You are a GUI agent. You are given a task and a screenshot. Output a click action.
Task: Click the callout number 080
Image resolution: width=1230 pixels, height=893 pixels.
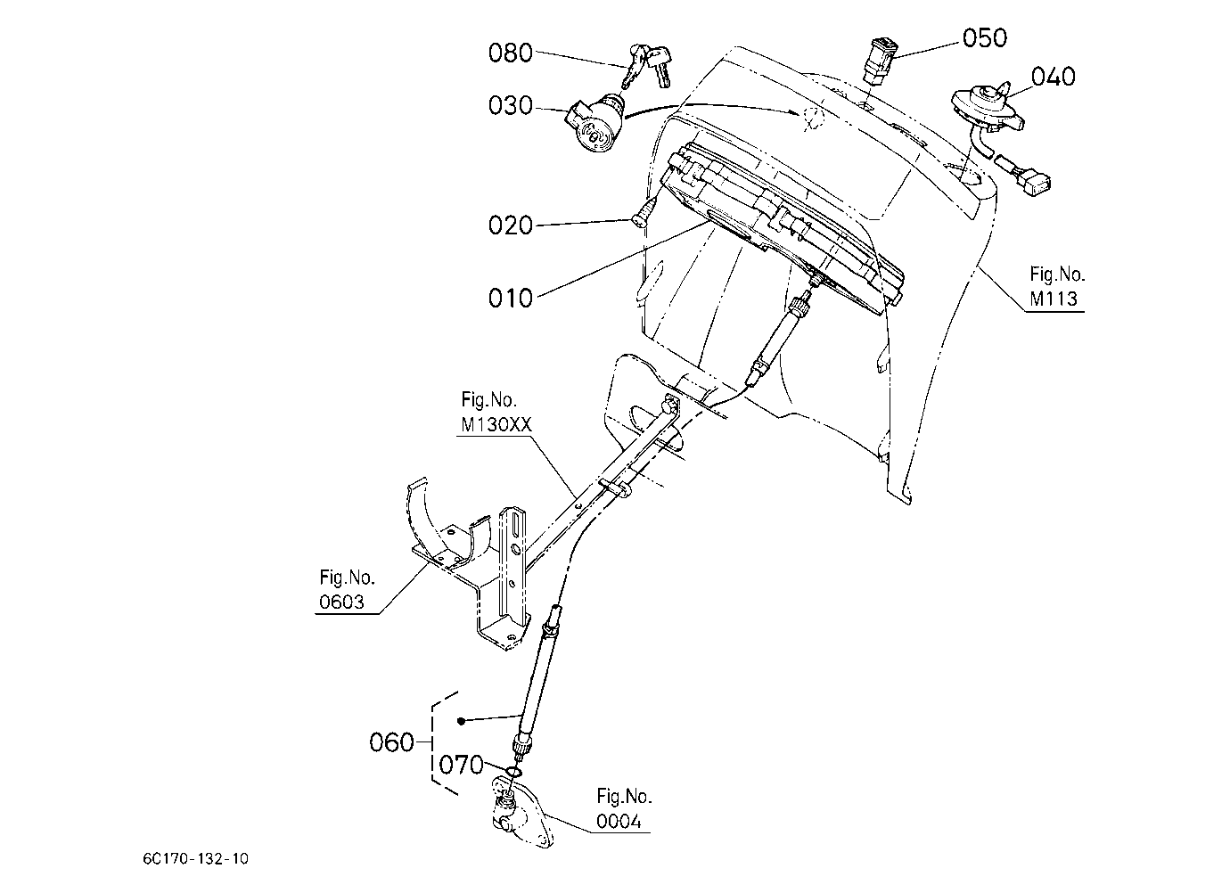pyautogui.click(x=510, y=53)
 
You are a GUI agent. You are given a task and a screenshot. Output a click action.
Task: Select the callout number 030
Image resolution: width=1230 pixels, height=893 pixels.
pyautogui.click(x=510, y=105)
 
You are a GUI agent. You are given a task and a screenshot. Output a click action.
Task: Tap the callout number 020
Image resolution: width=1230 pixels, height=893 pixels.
pyautogui.click(x=510, y=225)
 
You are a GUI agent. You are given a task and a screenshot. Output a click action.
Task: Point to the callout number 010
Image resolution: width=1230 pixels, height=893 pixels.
pyautogui.click(x=510, y=299)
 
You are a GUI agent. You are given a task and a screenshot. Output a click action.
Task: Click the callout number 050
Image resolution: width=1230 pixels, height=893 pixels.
pyautogui.click(x=985, y=38)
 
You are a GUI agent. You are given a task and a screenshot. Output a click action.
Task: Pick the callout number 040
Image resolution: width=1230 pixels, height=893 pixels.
pyautogui.click(x=1054, y=77)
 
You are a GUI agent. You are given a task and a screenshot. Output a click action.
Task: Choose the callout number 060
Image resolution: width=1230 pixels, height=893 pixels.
pyautogui.click(x=391, y=742)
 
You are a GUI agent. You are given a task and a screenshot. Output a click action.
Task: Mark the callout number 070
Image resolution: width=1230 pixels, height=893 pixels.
pyautogui.click(x=462, y=765)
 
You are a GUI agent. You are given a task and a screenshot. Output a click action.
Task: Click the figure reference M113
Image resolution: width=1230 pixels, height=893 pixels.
pyautogui.click(x=1054, y=299)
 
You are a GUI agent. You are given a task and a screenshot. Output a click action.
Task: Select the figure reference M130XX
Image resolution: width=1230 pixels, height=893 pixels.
pyautogui.click(x=496, y=424)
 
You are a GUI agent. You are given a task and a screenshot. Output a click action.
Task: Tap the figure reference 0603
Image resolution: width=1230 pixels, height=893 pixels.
pyautogui.click(x=341, y=602)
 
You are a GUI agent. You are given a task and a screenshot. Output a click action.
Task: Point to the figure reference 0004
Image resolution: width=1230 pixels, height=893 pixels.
pyautogui.click(x=619, y=822)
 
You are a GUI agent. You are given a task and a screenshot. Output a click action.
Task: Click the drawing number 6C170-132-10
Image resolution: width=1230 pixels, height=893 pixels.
pyautogui.click(x=195, y=859)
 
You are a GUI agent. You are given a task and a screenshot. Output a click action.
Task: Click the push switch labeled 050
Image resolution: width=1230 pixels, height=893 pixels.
pyautogui.click(x=878, y=61)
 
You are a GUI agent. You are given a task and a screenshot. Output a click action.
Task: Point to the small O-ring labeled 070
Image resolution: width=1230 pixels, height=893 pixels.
pyautogui.click(x=512, y=773)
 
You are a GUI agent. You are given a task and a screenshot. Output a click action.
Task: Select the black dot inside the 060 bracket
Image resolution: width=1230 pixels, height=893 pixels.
pyautogui.click(x=462, y=721)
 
